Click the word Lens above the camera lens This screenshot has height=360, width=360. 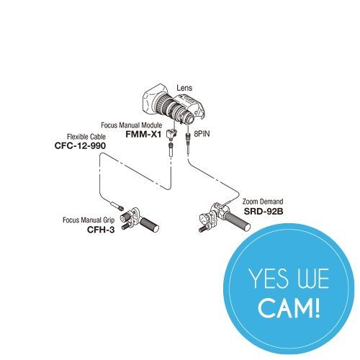[x=184, y=88]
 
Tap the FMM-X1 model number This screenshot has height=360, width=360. [x=143, y=134]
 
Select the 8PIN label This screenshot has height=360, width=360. [x=202, y=134]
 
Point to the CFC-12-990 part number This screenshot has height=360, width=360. [x=80, y=145]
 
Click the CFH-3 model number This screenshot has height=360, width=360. [x=101, y=230]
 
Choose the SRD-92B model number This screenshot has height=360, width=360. [x=264, y=211]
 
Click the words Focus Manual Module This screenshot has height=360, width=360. [x=131, y=125]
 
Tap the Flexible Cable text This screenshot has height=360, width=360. [x=86, y=137]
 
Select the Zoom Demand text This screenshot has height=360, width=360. [x=263, y=202]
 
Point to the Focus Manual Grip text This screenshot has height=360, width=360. [x=89, y=220]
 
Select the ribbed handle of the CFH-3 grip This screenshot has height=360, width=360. [x=149, y=225]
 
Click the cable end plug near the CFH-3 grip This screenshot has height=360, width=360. [x=117, y=206]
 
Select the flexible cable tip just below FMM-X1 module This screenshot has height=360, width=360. [x=171, y=150]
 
